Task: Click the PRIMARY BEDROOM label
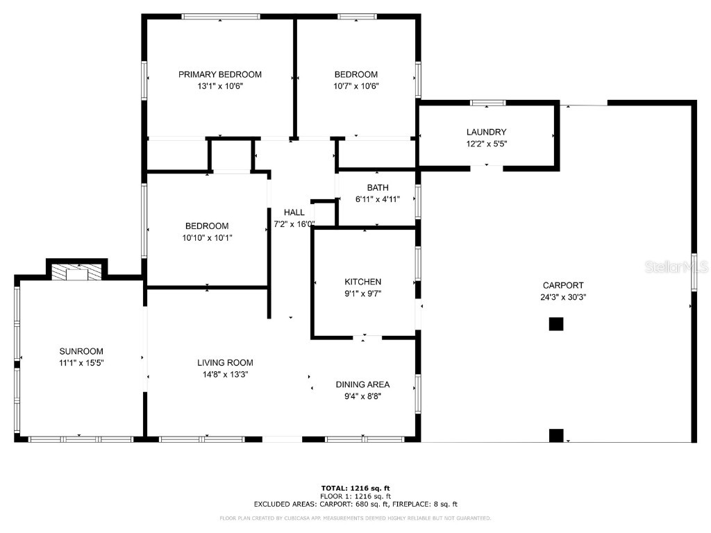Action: (x=219, y=74)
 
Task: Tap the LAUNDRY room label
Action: (x=486, y=132)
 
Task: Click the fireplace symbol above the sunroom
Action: (x=76, y=272)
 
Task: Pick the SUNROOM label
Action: (x=81, y=351)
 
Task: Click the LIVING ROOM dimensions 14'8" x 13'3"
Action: (x=225, y=374)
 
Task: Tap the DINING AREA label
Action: (x=362, y=384)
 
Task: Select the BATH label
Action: (x=378, y=187)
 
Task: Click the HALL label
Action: (x=294, y=212)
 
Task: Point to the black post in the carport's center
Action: (x=555, y=323)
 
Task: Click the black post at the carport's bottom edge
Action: (x=556, y=435)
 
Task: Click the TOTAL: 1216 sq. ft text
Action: (x=355, y=488)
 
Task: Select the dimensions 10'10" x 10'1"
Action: (x=206, y=237)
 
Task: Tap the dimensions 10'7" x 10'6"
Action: (x=355, y=86)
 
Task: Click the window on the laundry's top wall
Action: (x=488, y=103)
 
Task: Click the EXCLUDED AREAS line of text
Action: (x=355, y=505)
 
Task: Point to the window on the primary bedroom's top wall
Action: (x=221, y=17)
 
